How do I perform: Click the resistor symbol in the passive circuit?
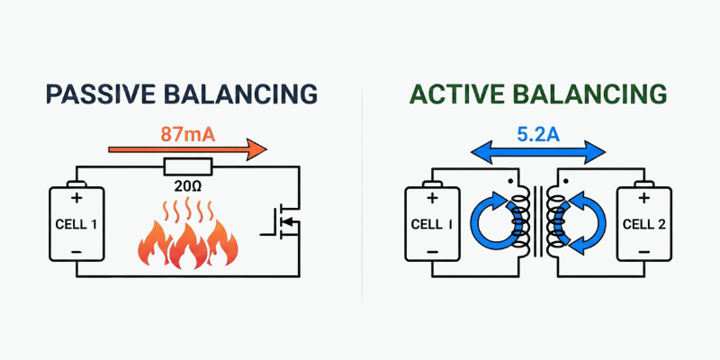click(x=188, y=166)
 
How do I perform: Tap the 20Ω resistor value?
click(x=188, y=187)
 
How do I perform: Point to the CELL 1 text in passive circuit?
click(x=76, y=223)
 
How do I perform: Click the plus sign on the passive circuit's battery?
click(x=76, y=197)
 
